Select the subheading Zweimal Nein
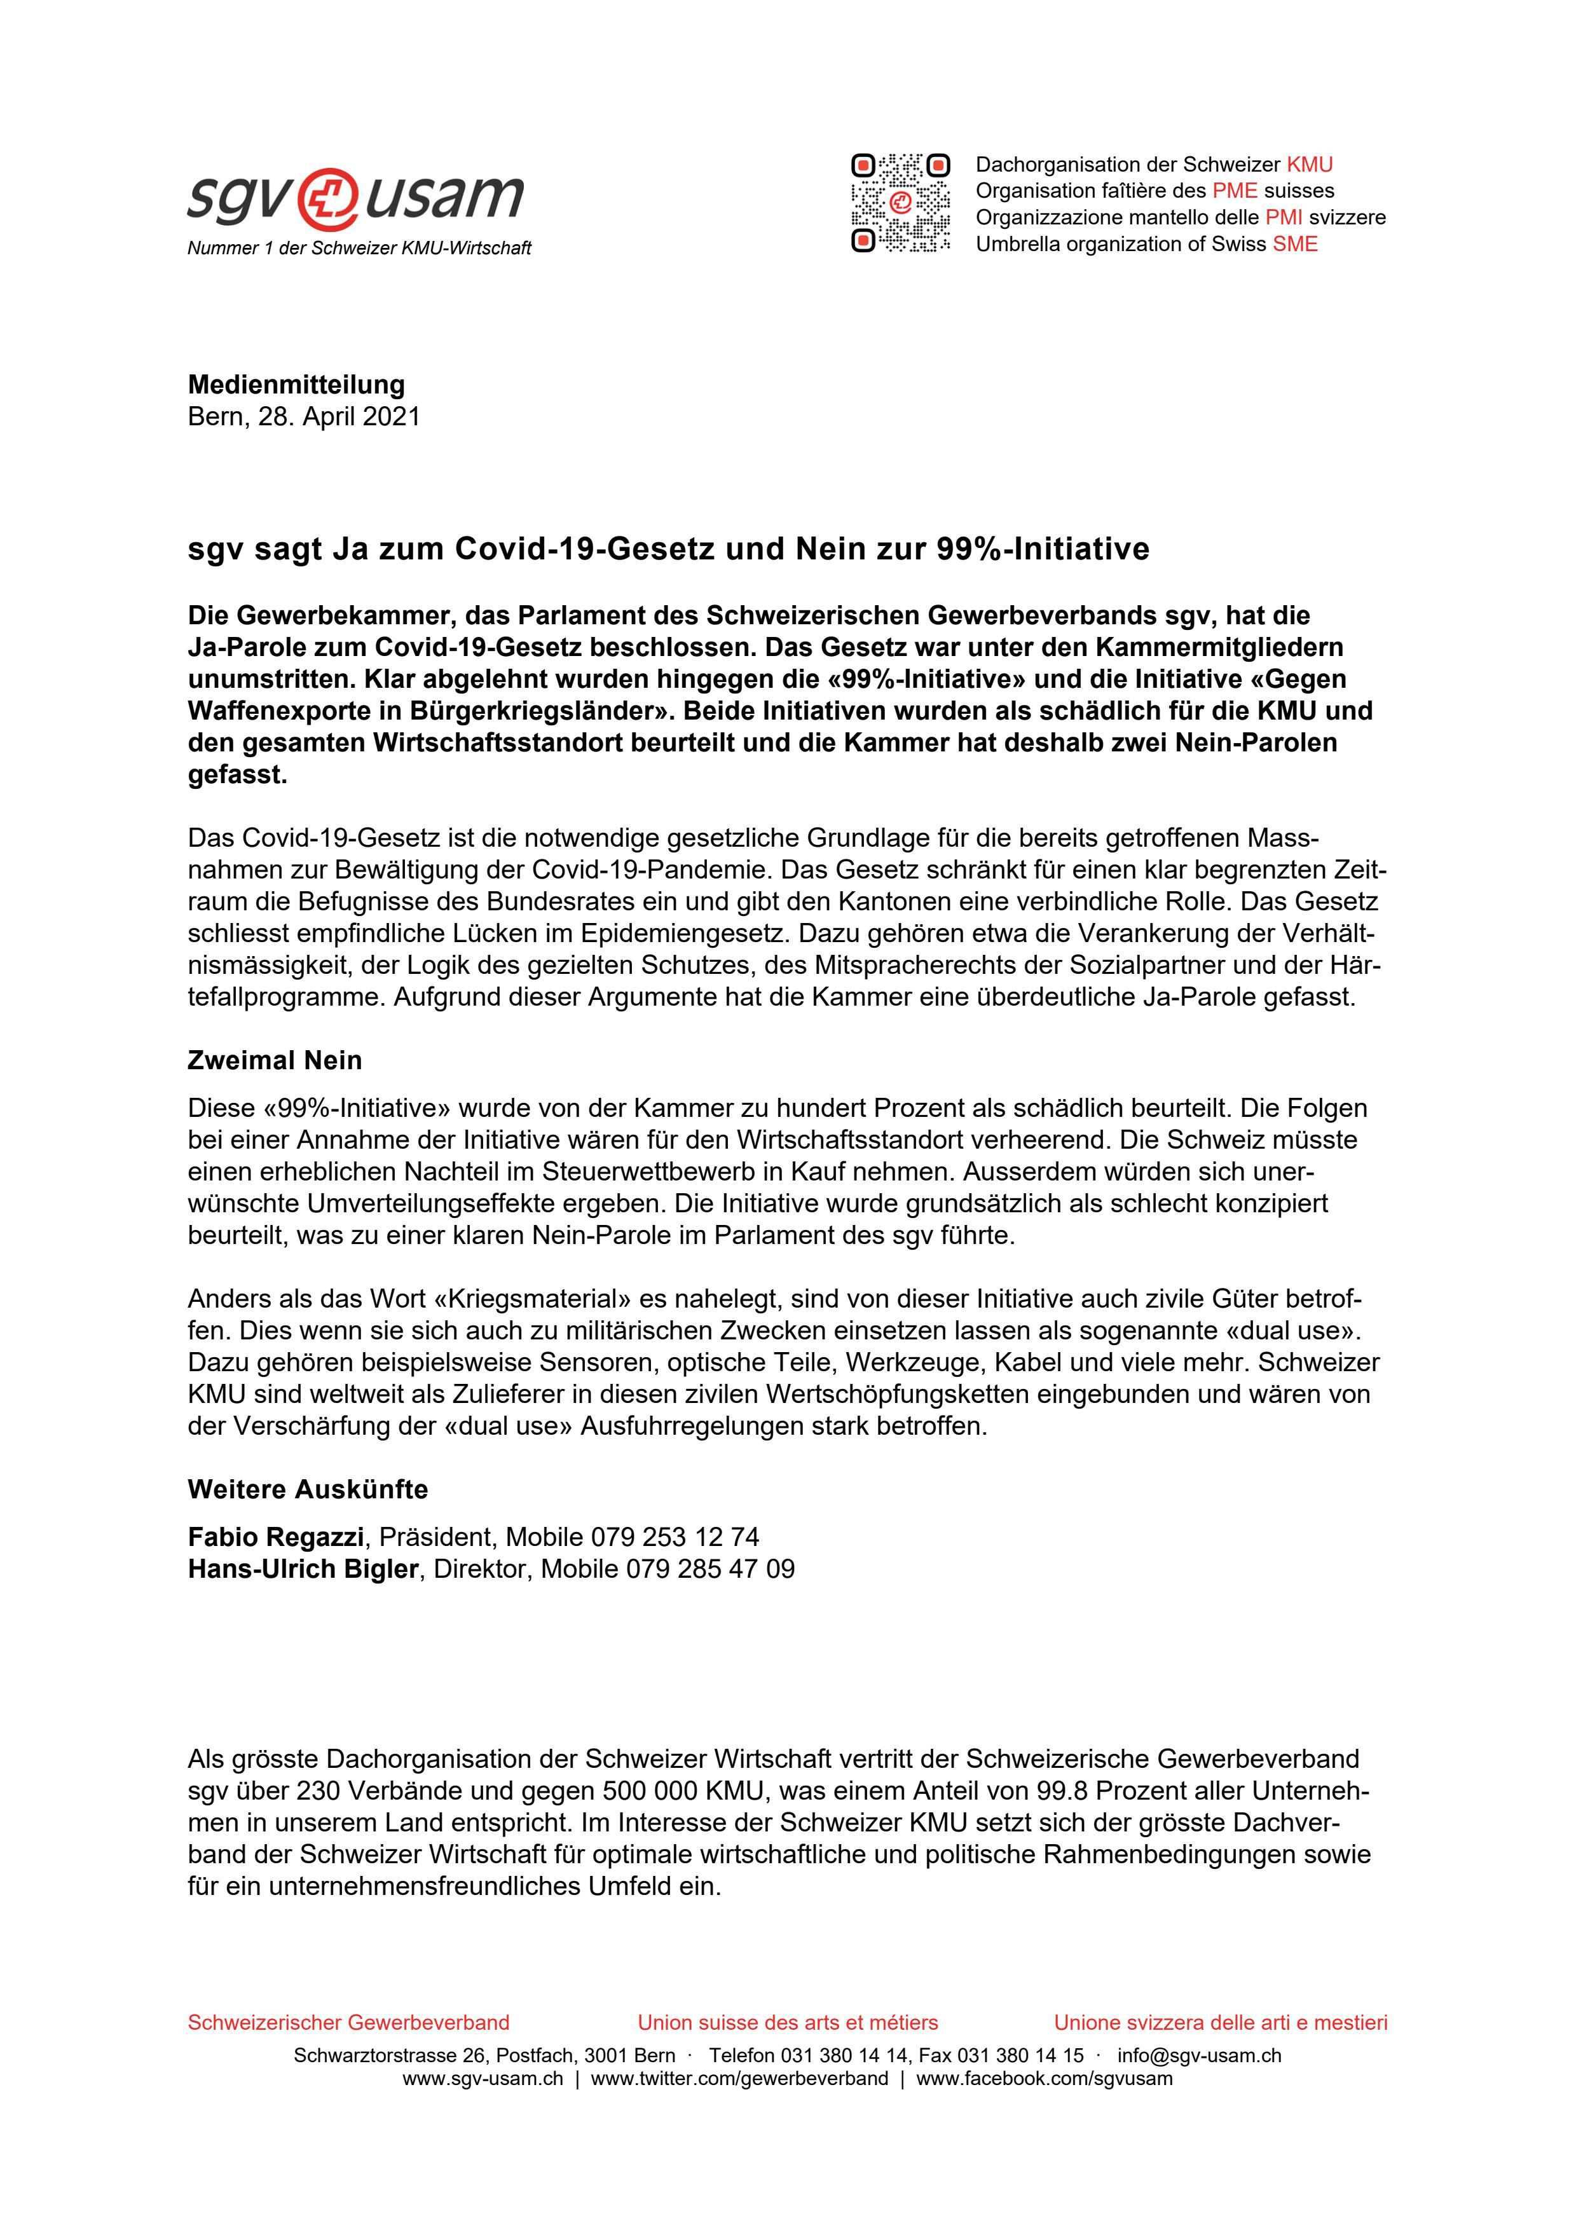coord(275,1060)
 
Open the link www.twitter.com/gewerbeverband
coord(739,2079)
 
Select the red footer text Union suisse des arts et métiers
coord(788,2022)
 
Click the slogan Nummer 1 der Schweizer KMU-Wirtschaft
coord(359,249)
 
